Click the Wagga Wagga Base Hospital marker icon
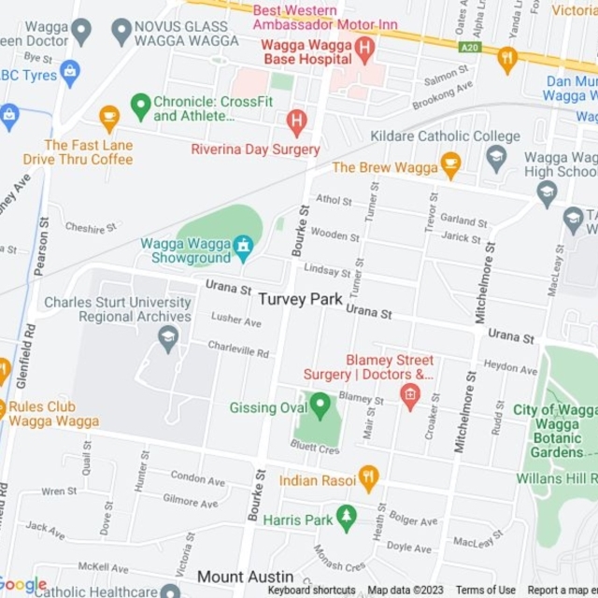point(365,47)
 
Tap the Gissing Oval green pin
point(320,405)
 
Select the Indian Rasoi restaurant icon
point(368,478)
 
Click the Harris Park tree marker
point(347,516)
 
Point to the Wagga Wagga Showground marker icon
point(243,247)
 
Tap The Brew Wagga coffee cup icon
point(450,165)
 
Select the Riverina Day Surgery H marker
point(296,120)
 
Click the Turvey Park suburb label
point(301,299)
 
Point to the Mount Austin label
point(245,577)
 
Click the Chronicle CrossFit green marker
point(140,106)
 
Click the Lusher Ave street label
point(236,320)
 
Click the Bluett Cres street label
point(315,449)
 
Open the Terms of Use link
point(484,590)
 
